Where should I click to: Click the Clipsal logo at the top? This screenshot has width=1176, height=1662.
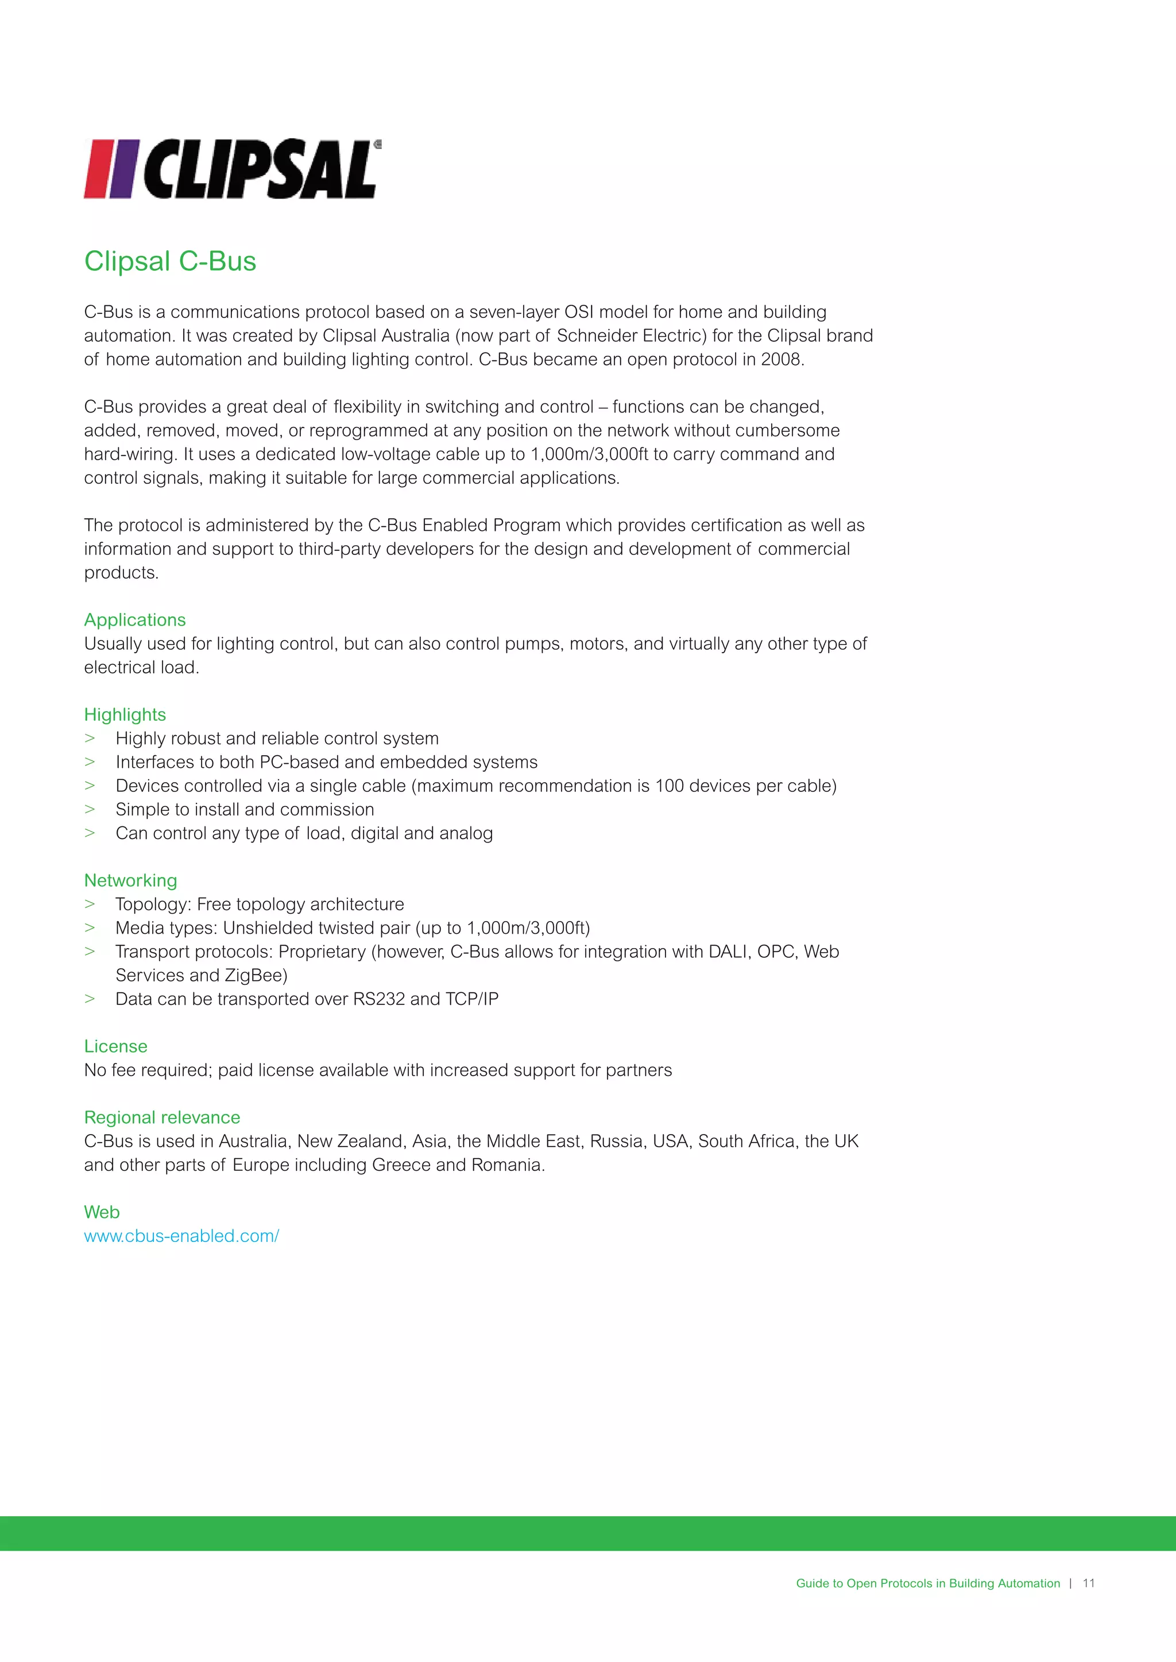click(x=232, y=169)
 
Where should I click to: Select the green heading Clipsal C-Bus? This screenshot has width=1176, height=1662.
click(x=170, y=261)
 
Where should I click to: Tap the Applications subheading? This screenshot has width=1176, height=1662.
click(x=135, y=620)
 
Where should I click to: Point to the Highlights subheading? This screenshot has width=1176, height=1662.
click(x=125, y=714)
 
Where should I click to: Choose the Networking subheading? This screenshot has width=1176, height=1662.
click(x=130, y=880)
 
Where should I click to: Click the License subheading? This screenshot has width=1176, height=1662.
click(x=115, y=1046)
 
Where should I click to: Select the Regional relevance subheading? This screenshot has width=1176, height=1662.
click(x=161, y=1117)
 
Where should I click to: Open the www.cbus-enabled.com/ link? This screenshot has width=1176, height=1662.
click(x=181, y=1236)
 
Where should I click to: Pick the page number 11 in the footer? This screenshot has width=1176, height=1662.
click(x=1088, y=1583)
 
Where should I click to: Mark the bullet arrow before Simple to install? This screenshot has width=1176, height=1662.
click(x=90, y=809)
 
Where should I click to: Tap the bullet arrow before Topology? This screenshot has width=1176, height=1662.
click(x=90, y=904)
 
